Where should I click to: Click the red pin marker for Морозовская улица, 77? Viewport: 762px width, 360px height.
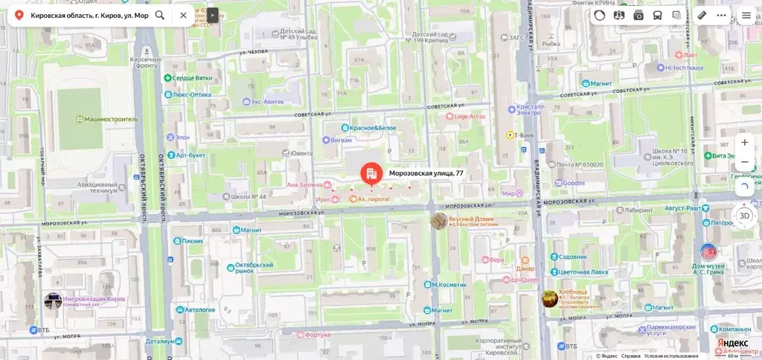tap(371, 174)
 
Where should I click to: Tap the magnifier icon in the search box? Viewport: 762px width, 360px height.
tap(160, 15)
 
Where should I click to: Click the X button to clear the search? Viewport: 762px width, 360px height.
tap(183, 15)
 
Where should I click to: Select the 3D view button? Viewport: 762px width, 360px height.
tap(744, 216)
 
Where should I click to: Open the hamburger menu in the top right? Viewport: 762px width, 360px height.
tap(746, 15)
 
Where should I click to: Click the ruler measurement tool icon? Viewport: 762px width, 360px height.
tap(702, 15)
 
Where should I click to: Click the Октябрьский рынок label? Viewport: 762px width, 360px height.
tap(255, 268)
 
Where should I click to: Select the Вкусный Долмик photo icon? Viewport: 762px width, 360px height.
tap(439, 221)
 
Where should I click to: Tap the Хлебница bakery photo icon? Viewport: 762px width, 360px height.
tap(549, 298)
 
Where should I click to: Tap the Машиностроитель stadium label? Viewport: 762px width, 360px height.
tap(111, 118)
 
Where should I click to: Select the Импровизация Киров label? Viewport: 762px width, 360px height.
tap(94, 300)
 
